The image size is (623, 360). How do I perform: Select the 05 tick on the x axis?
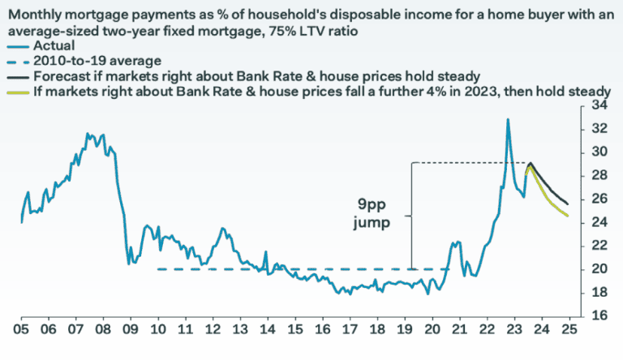20,331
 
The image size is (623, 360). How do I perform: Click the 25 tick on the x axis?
570,331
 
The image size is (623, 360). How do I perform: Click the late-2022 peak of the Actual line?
508,120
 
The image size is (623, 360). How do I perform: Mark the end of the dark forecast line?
567,203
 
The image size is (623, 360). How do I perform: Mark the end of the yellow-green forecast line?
567,215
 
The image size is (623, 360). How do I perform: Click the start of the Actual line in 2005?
21,221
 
